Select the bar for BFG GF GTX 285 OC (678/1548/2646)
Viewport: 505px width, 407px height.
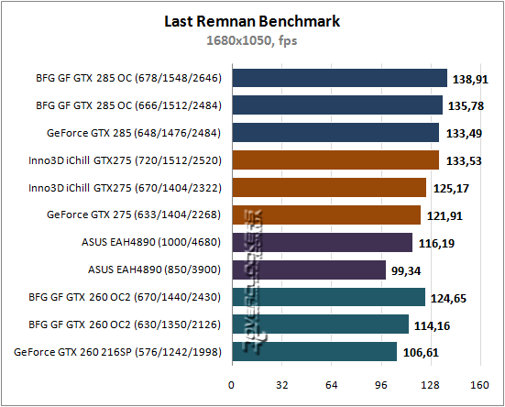click(x=339, y=79)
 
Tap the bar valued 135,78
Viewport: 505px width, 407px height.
click(x=337, y=106)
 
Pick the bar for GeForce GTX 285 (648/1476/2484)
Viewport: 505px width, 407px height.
click(x=335, y=133)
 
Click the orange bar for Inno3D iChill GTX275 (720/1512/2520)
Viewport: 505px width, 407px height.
click(x=335, y=160)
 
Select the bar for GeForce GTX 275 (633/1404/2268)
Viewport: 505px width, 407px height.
click(x=326, y=215)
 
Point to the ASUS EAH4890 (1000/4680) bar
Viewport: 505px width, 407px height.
click(x=322, y=242)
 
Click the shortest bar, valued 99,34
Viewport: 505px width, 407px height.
click(x=309, y=269)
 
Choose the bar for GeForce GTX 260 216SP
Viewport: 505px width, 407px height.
click(x=314, y=351)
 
